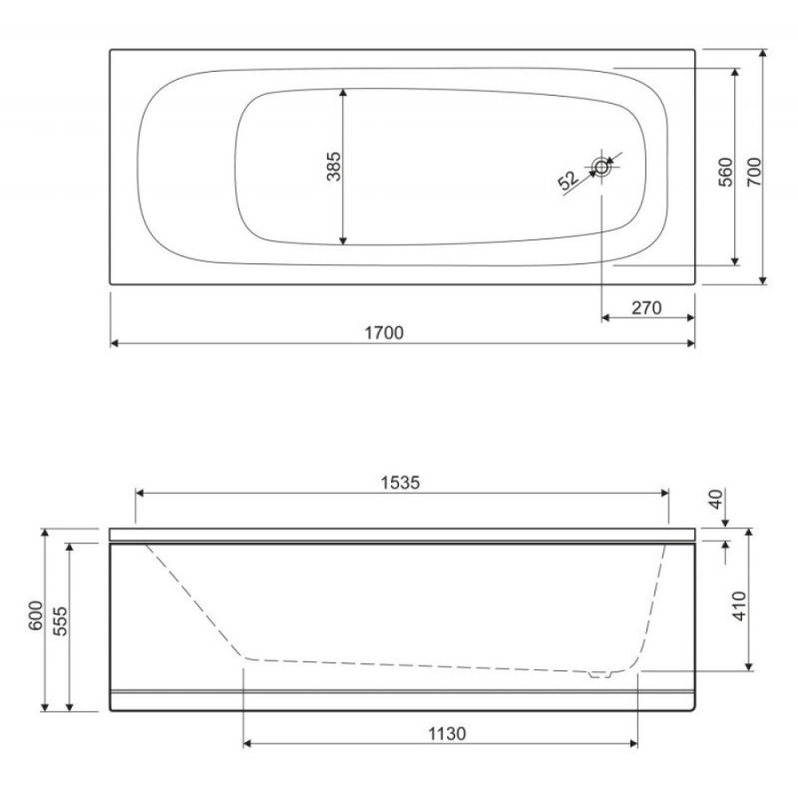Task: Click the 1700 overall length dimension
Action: coord(384,332)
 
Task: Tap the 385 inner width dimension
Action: coord(334,167)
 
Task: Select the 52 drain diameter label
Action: coord(568,180)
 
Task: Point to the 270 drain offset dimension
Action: coord(646,308)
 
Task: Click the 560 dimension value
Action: coord(726,172)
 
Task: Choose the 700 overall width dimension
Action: coord(755,172)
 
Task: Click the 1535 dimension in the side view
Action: coord(401,482)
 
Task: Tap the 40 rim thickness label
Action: coord(716,498)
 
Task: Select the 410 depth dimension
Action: coord(739,606)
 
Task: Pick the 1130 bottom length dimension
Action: coord(447,734)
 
